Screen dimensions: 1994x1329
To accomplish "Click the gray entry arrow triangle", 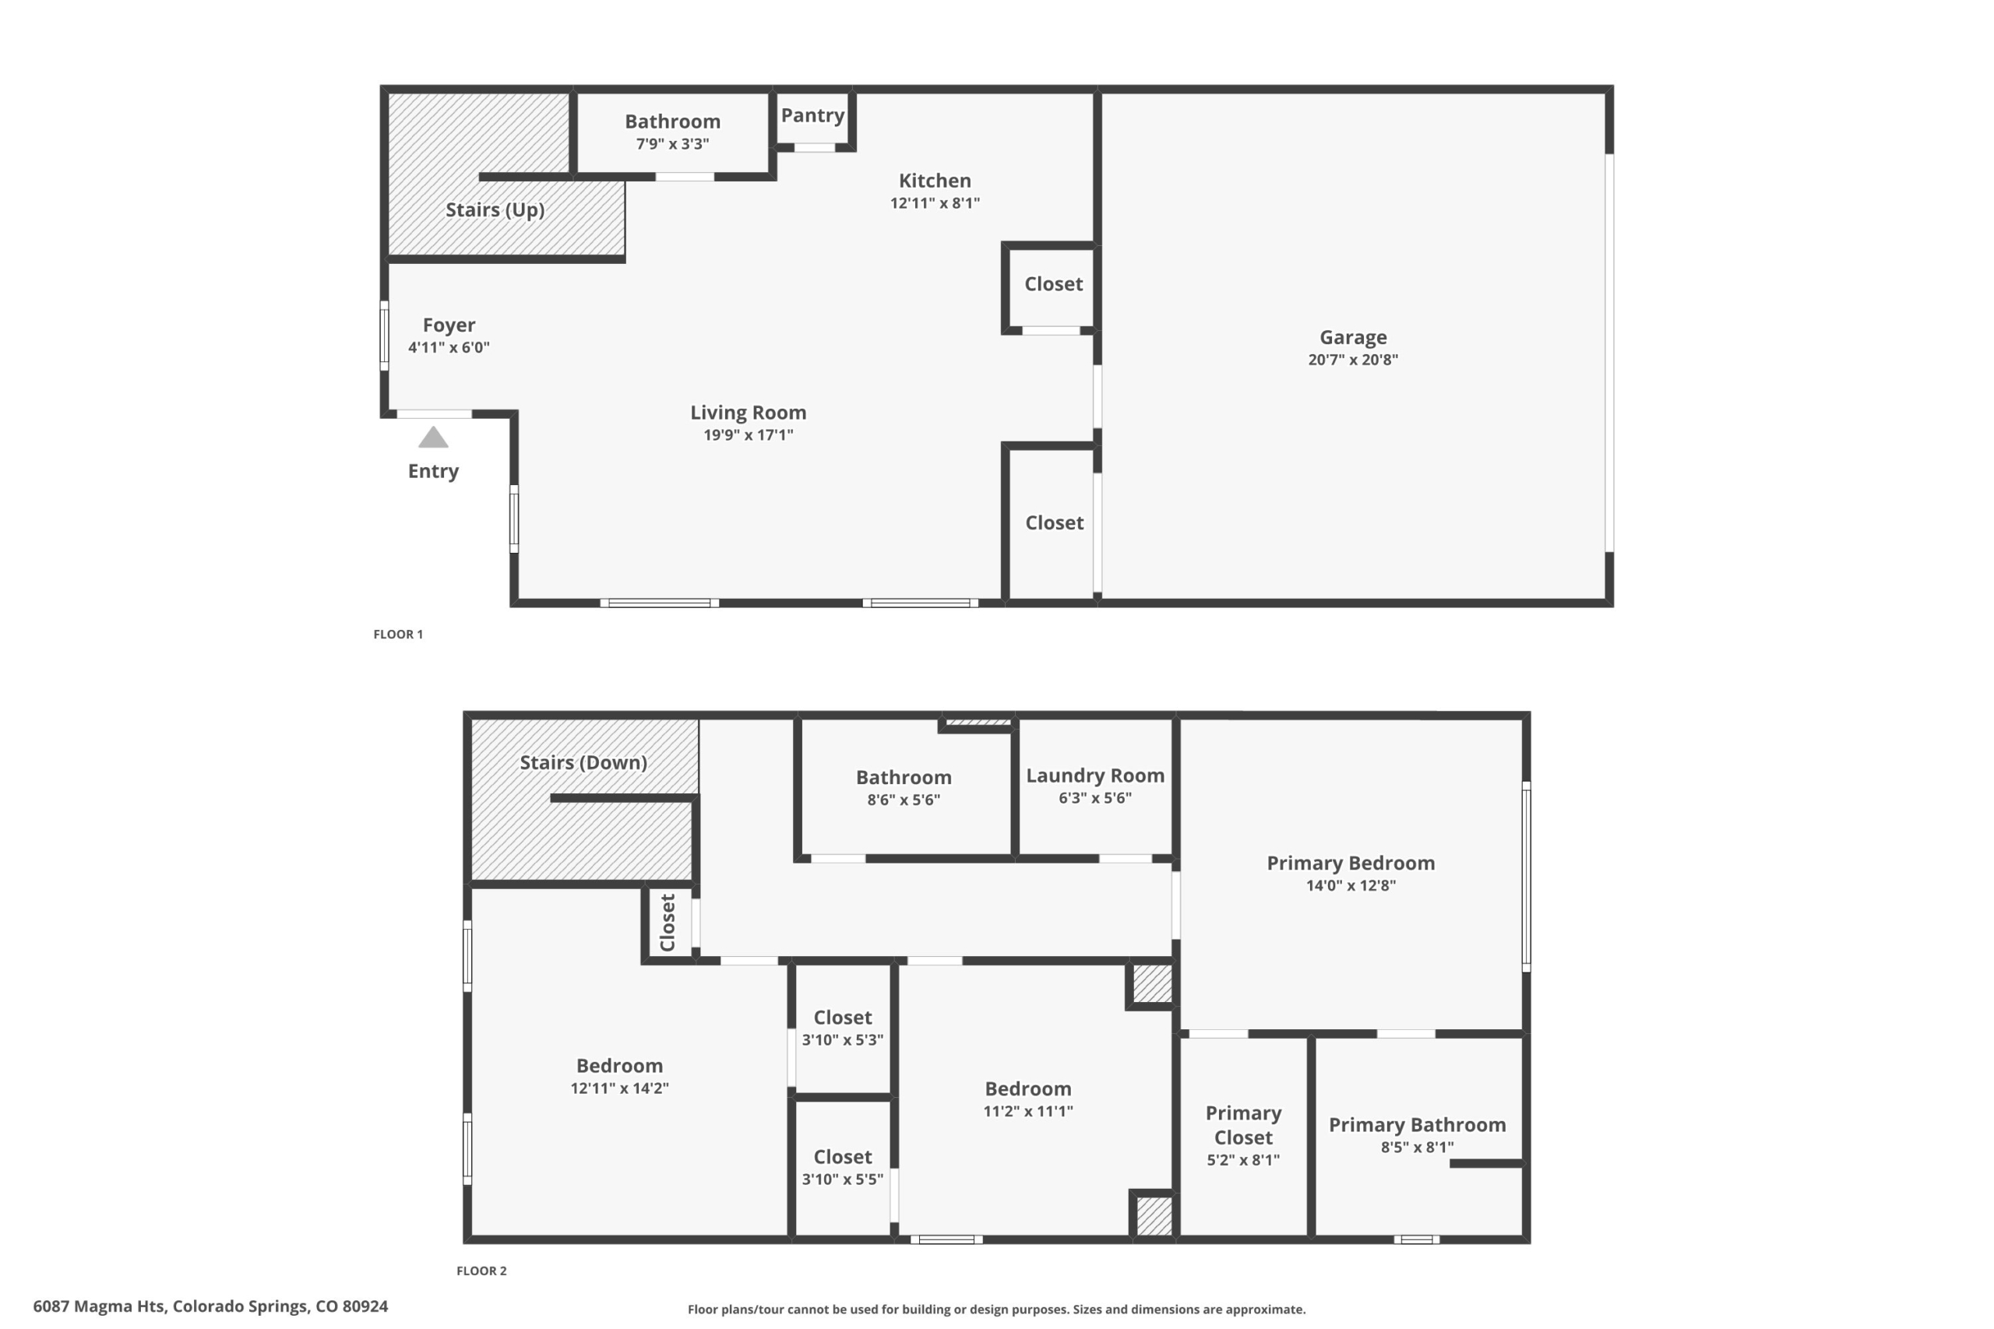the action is (x=433, y=438).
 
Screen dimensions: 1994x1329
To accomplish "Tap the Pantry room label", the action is (x=812, y=115).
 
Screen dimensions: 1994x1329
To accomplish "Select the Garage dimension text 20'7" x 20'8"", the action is (x=1353, y=360).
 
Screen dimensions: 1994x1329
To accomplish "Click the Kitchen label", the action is (x=935, y=181).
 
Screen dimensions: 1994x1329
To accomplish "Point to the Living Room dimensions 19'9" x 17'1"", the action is (x=749, y=434).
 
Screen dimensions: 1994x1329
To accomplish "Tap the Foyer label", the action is (x=449, y=325).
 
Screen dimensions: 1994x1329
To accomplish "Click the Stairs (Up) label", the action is (x=495, y=210).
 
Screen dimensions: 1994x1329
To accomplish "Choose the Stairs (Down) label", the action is (x=583, y=763).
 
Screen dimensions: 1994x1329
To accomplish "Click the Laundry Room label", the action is (x=1095, y=775).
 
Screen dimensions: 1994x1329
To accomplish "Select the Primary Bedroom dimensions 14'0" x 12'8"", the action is (x=1351, y=886).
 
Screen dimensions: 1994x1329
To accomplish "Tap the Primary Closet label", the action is (x=1244, y=1126).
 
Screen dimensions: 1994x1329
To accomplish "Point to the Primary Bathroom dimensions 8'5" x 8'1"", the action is (x=1418, y=1148).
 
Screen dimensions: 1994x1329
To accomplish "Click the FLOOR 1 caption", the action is (x=399, y=634).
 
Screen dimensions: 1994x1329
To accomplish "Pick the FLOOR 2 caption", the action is (x=481, y=1271).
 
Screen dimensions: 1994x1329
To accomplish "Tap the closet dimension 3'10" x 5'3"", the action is (x=843, y=1040).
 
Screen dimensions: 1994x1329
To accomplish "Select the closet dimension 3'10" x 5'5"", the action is (x=843, y=1179).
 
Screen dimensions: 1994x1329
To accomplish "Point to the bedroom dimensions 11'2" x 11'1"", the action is (x=1028, y=1111).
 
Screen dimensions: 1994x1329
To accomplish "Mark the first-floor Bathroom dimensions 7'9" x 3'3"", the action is (x=673, y=144).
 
